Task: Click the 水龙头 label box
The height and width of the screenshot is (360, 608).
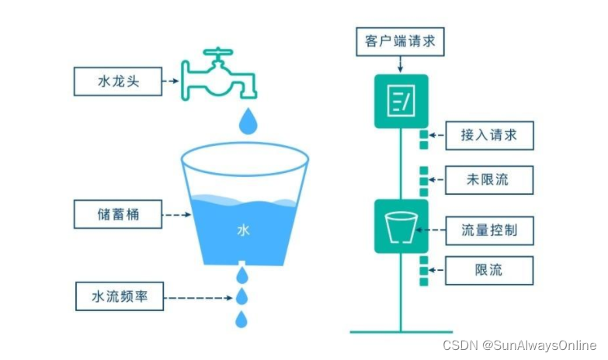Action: [x=118, y=81]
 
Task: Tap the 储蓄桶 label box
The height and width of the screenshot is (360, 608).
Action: [x=118, y=214]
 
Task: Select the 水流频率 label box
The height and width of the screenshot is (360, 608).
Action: [x=120, y=296]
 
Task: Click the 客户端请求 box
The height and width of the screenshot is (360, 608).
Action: [x=400, y=41]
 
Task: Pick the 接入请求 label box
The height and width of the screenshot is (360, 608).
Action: [x=489, y=135]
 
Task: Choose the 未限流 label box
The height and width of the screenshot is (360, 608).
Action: [x=489, y=180]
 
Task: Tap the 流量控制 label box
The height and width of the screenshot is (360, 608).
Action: [x=489, y=230]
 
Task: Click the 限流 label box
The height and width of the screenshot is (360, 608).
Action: [x=489, y=271]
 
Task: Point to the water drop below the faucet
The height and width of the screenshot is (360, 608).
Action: [x=248, y=122]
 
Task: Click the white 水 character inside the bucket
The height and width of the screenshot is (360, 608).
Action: [x=243, y=230]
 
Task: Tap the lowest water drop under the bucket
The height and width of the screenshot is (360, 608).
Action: [x=241, y=320]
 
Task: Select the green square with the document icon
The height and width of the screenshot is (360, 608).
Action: [x=401, y=101]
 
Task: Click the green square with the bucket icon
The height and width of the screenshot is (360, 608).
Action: [x=401, y=227]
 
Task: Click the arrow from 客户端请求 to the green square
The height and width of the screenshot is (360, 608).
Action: [x=400, y=64]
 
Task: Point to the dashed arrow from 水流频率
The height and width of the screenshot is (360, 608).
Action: [x=198, y=298]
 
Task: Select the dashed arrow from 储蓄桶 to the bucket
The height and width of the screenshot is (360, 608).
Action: [x=176, y=214]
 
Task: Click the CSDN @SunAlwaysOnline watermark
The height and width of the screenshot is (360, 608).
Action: [x=519, y=345]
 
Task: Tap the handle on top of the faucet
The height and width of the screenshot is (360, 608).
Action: [x=218, y=51]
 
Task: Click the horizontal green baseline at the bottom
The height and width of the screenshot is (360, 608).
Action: [x=401, y=332]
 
